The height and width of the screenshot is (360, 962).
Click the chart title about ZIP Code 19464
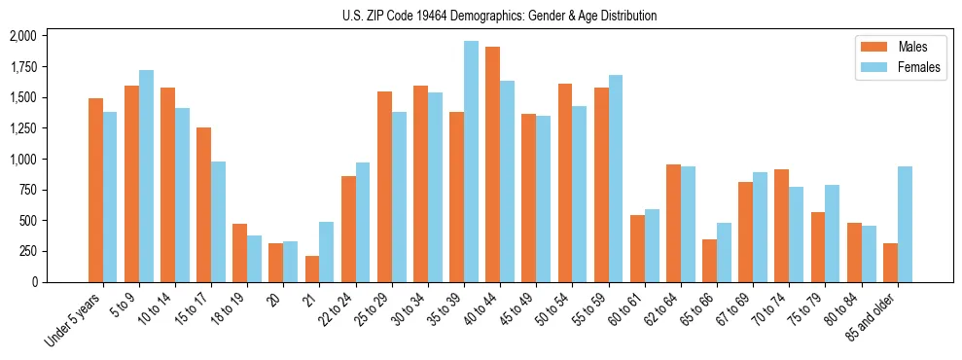499,16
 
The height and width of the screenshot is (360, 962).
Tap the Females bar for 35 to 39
471,162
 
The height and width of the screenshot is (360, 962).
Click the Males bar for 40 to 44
493,164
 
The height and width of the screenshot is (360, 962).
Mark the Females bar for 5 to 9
146,176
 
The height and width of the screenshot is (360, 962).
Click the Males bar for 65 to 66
709,261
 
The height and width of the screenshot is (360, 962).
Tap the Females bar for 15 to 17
218,222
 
